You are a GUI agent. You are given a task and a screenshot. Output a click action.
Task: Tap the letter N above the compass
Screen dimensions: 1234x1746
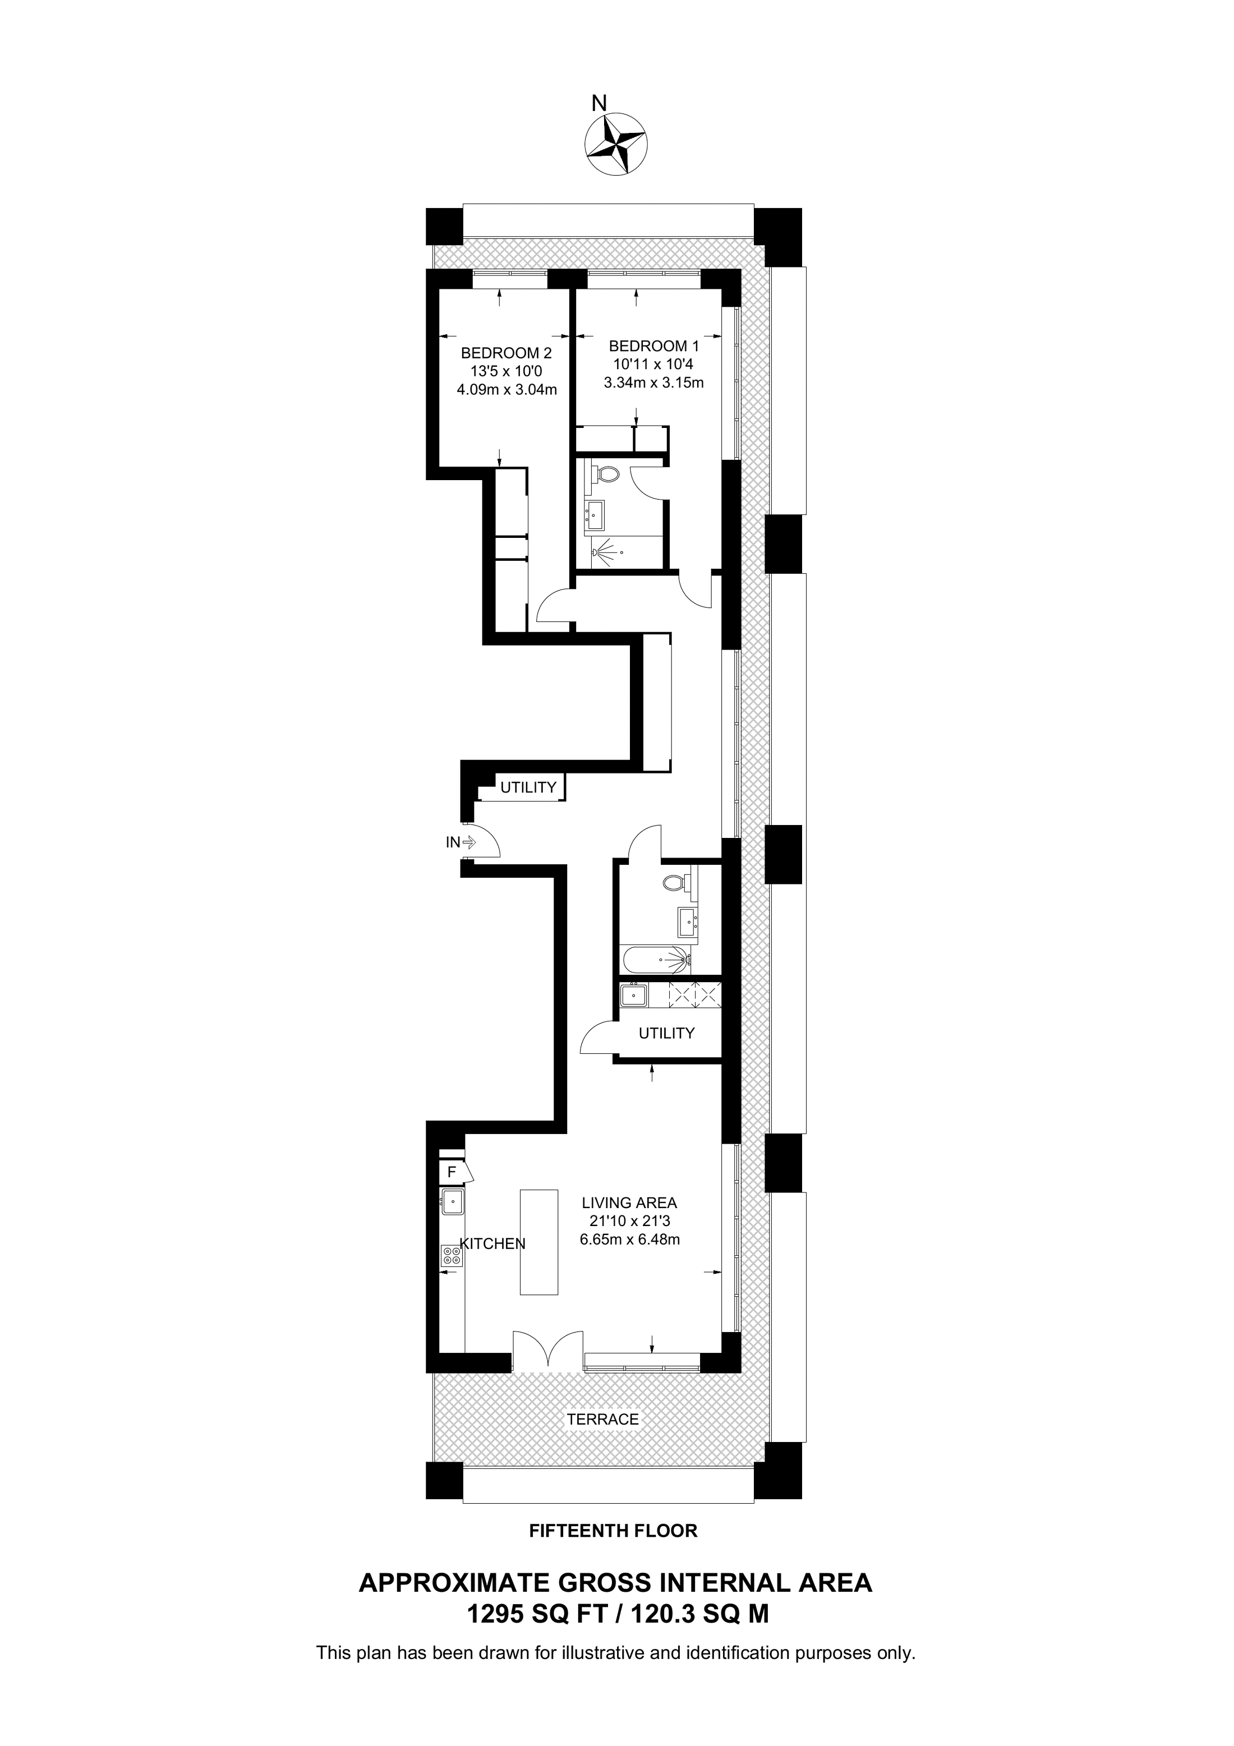pos(599,102)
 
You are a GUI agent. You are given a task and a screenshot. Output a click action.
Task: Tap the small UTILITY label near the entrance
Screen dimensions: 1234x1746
pos(528,787)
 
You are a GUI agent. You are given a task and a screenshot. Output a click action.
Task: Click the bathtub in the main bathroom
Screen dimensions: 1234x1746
pos(655,960)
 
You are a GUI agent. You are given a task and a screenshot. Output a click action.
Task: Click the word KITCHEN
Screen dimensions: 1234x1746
pos(494,1244)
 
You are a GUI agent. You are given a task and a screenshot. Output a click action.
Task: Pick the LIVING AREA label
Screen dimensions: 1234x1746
pos(629,1203)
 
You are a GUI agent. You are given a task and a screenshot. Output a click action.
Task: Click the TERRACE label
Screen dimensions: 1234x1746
pos(603,1420)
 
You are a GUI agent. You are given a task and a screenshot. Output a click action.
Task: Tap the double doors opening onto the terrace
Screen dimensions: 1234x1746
pos(547,1351)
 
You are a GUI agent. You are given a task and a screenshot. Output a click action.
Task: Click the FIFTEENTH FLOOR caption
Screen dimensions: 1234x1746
pos(613,1531)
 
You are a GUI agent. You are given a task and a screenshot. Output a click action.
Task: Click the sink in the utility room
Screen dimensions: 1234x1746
pos(633,994)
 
